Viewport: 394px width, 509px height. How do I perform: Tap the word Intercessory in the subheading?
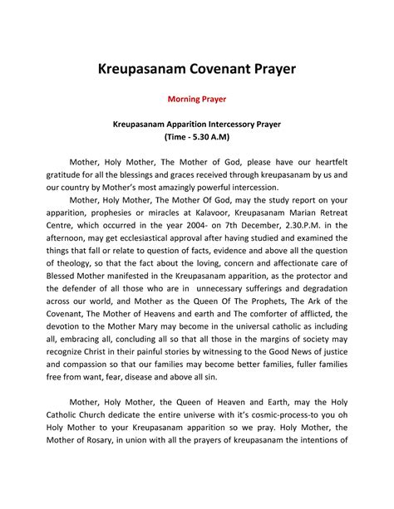(x=238, y=124)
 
